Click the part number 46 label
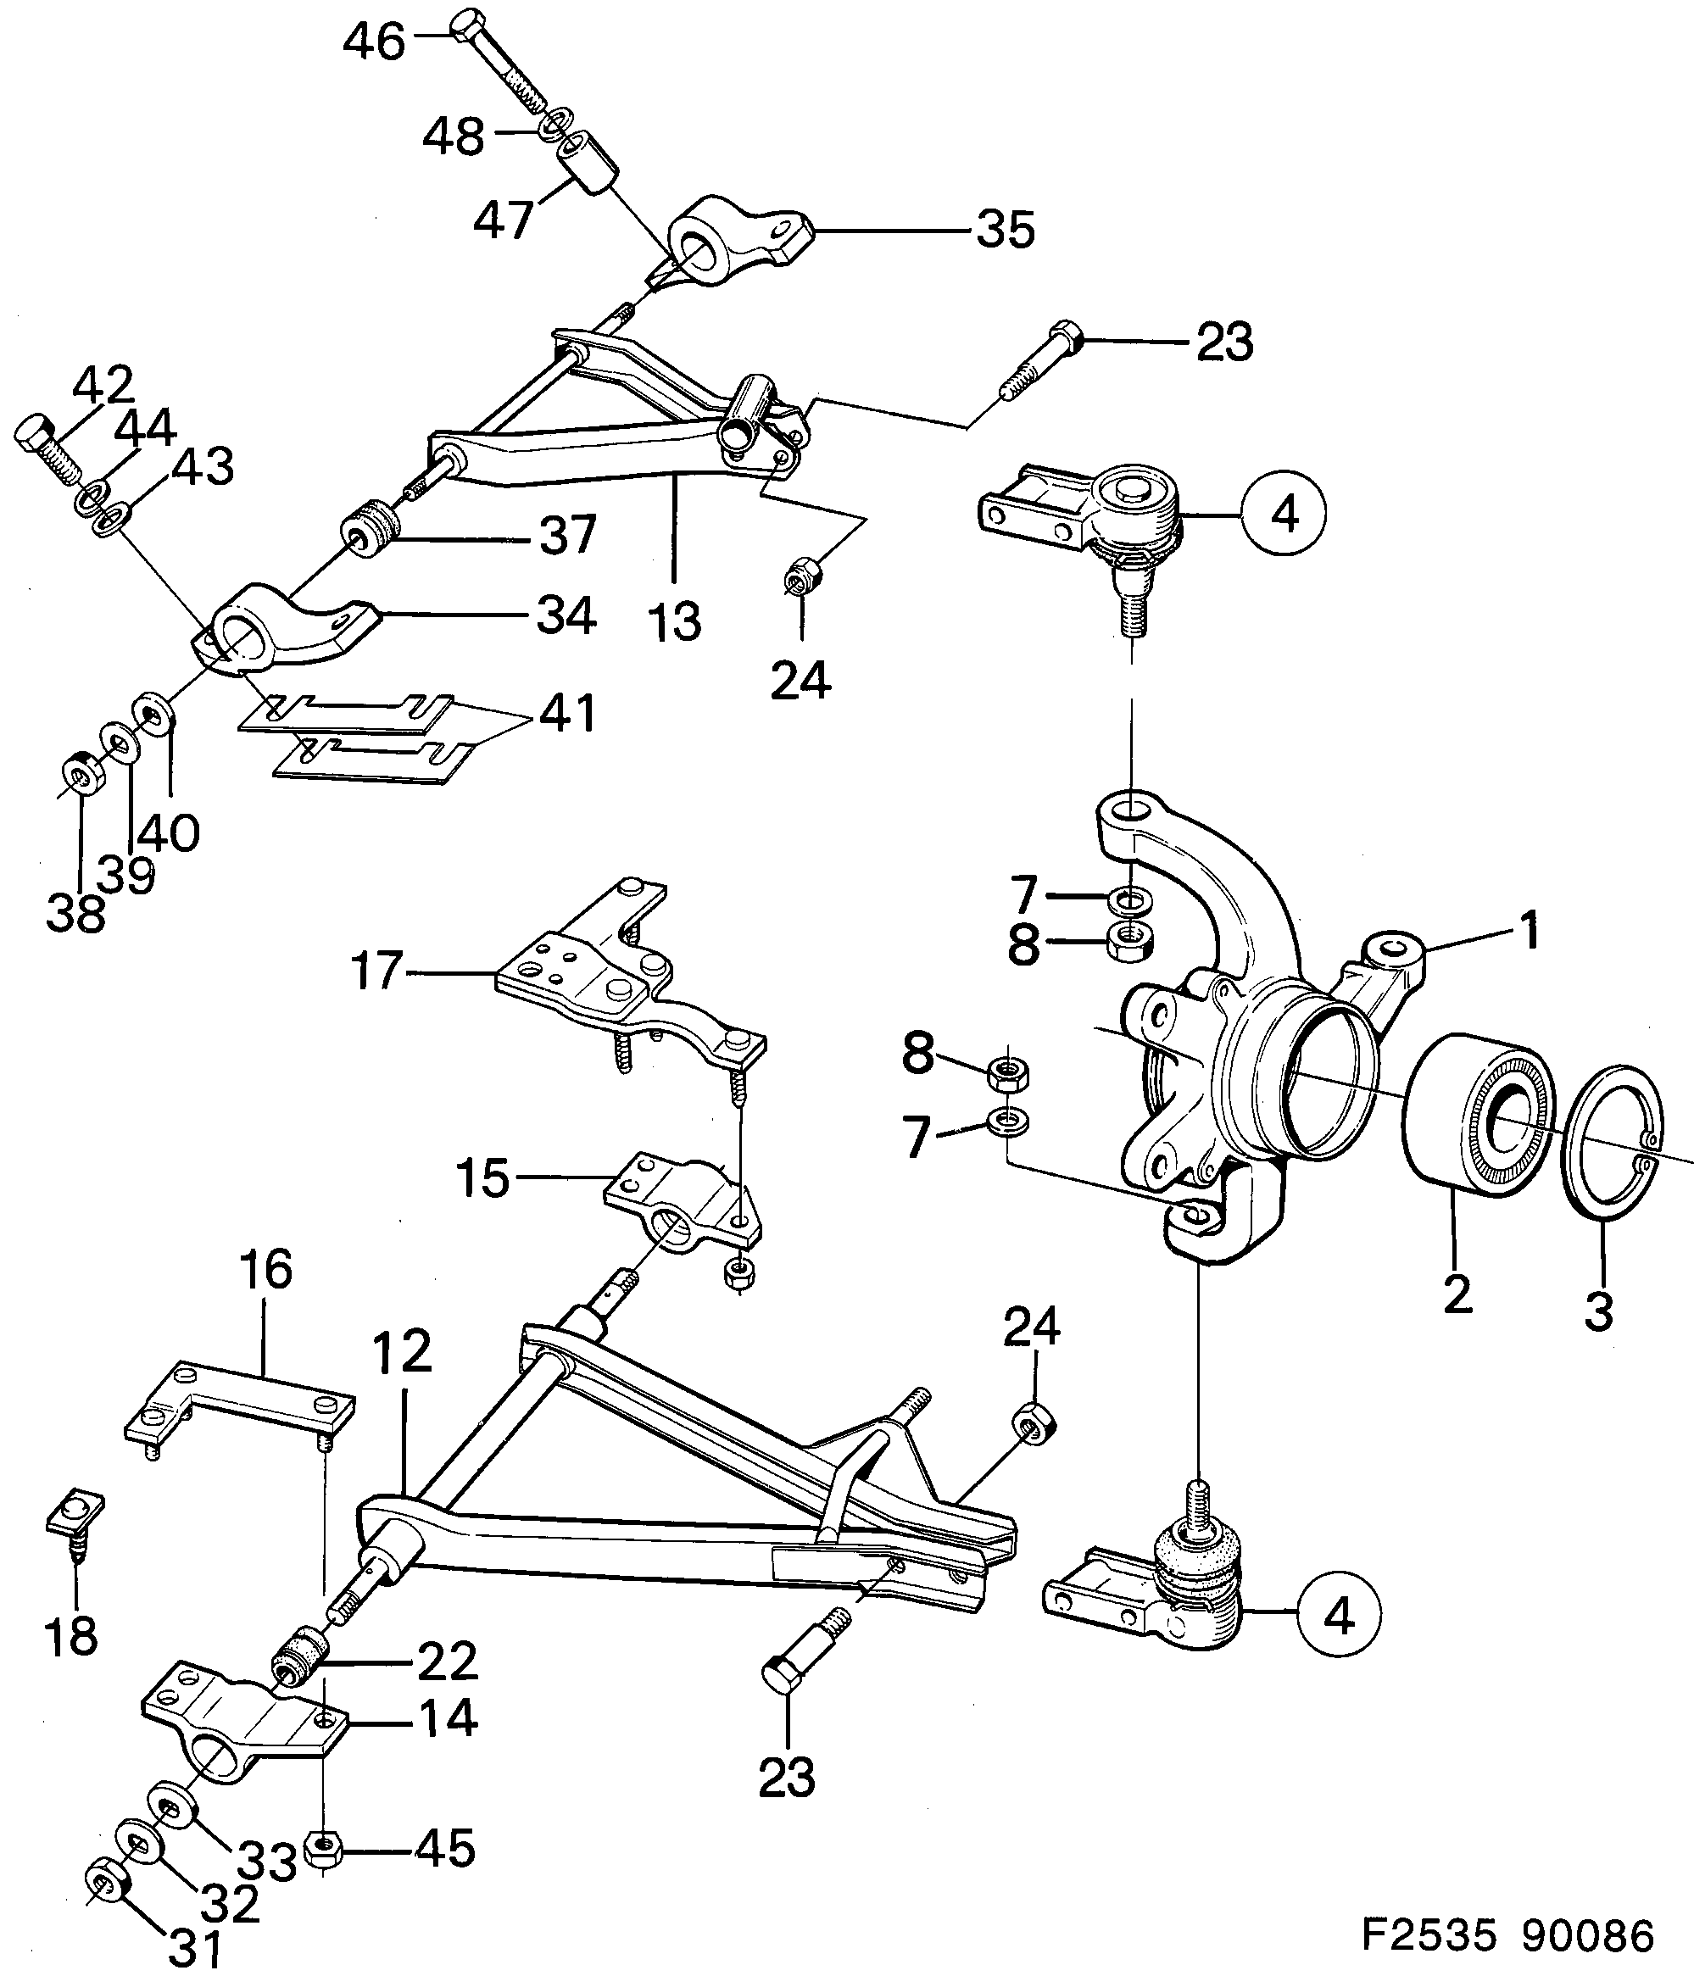click(374, 42)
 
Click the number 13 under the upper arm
click(674, 621)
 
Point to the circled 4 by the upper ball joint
click(1284, 515)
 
